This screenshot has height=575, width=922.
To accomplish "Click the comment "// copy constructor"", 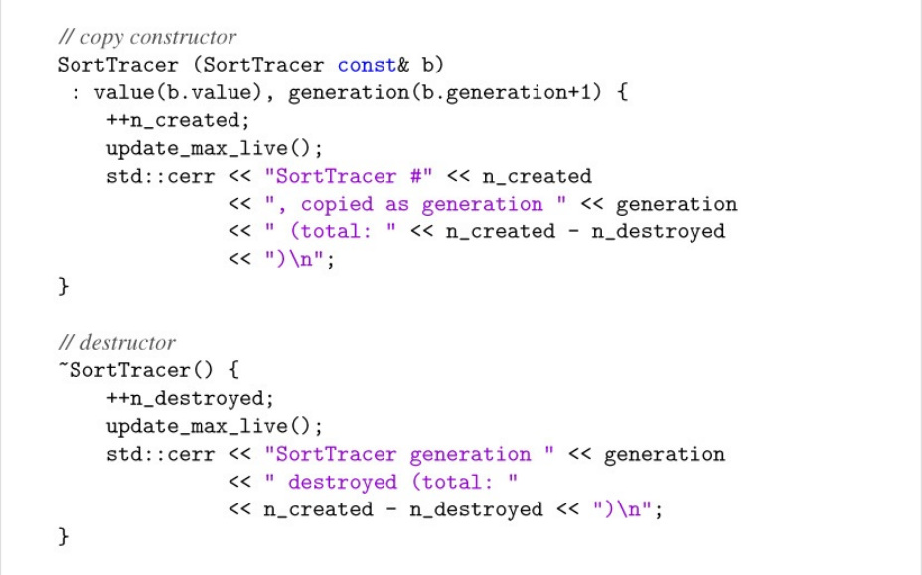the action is (x=147, y=38).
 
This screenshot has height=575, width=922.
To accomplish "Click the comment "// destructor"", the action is (x=116, y=343).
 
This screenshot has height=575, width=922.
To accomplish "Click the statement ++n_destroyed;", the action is (x=190, y=398).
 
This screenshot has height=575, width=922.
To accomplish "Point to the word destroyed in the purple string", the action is (x=342, y=482).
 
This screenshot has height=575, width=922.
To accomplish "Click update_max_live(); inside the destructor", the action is (x=215, y=426).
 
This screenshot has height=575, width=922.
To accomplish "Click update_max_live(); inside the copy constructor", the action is (x=215, y=149).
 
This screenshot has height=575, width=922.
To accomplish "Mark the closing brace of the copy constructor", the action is (x=64, y=288).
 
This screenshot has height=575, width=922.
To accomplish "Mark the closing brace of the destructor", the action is (x=64, y=537).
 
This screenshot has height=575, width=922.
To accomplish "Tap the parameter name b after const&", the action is (x=433, y=66).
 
